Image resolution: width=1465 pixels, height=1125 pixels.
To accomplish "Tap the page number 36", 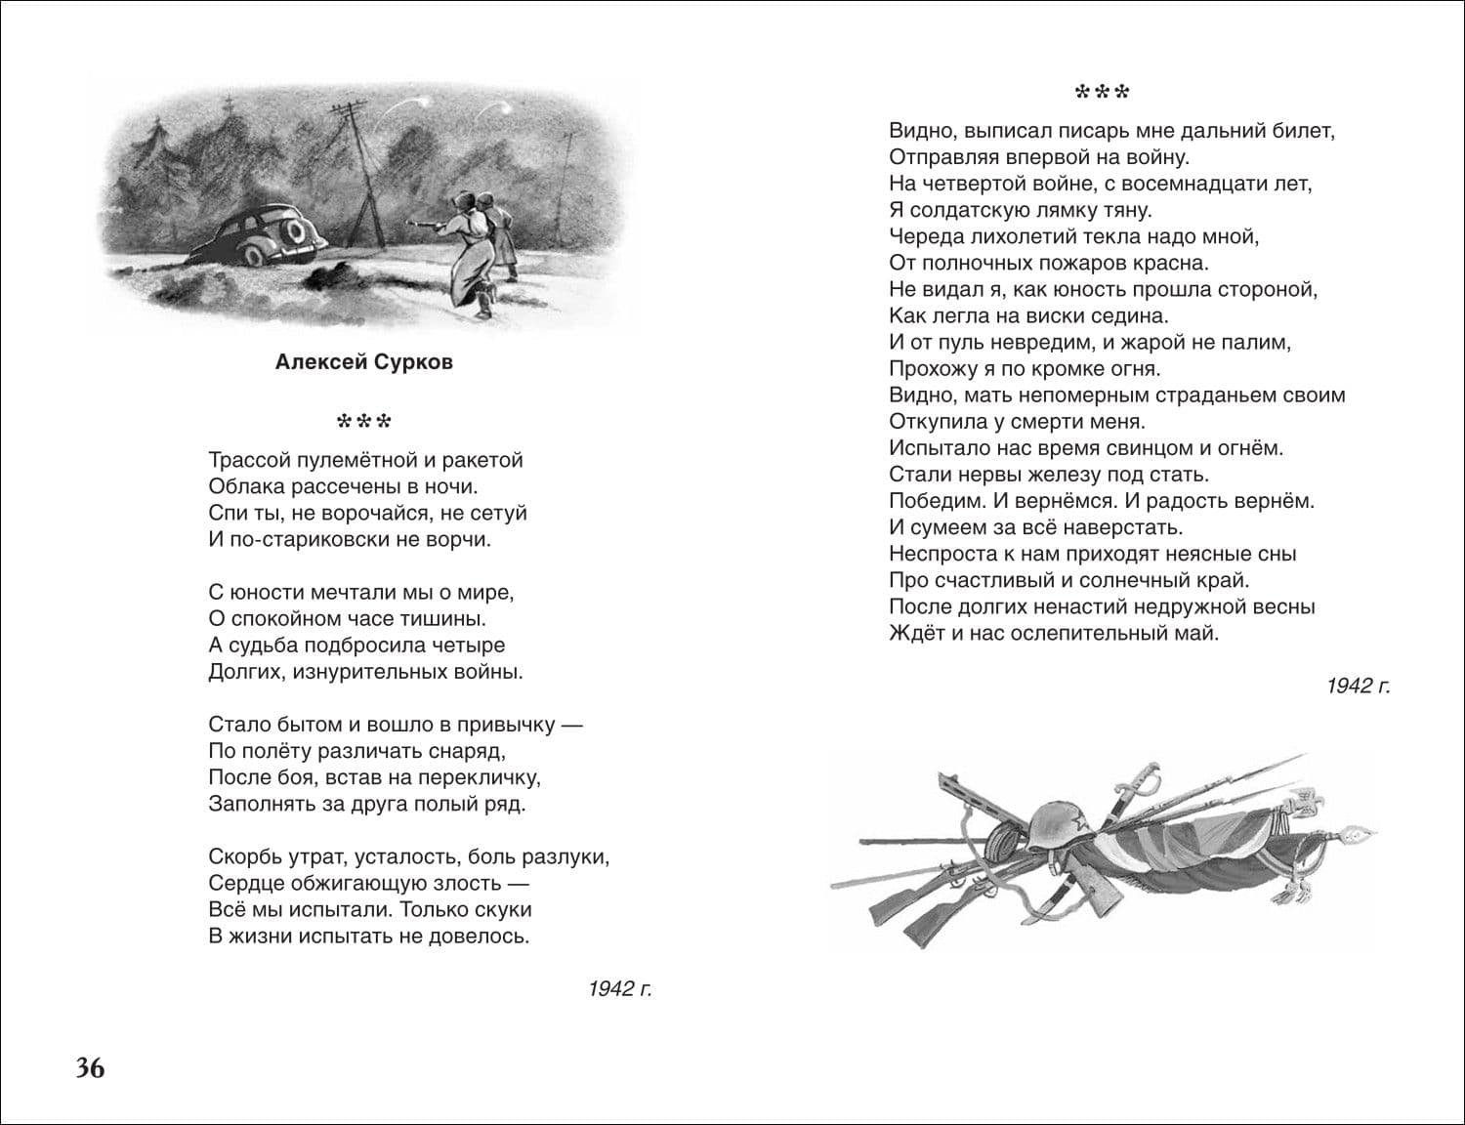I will click(x=90, y=1068).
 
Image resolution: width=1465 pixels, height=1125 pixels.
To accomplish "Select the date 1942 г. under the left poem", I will click(x=619, y=989).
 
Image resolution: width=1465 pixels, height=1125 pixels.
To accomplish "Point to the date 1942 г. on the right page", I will click(x=1357, y=687).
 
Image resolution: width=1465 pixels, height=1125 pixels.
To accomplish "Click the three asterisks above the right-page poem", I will click(x=1102, y=94).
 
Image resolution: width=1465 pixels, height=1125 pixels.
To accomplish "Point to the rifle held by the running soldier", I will click(x=428, y=224).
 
